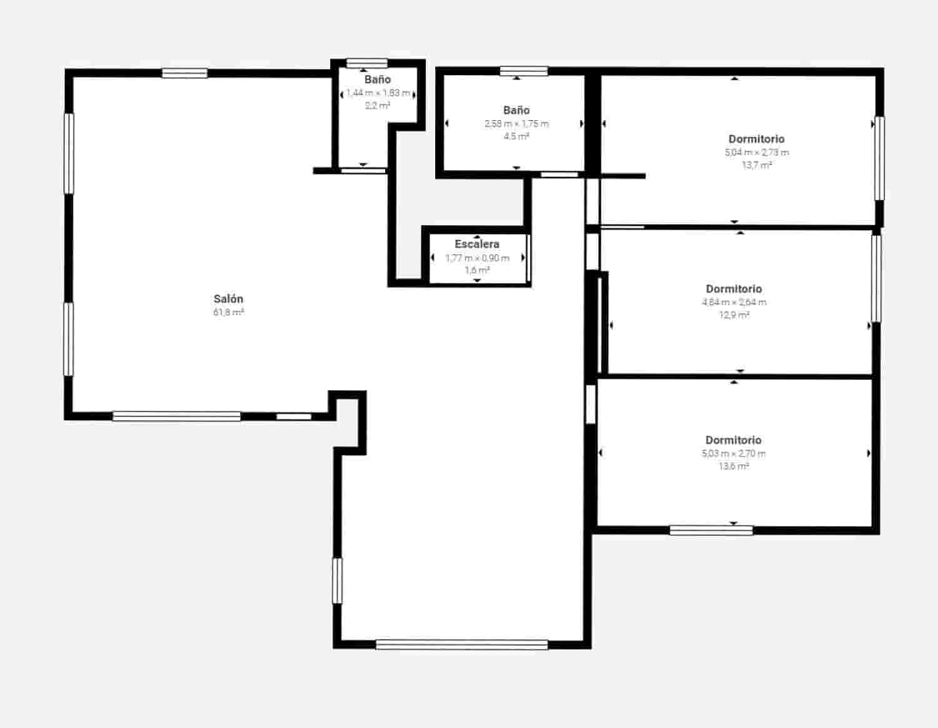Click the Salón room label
[x=228, y=299]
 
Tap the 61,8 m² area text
[x=228, y=312]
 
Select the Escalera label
[x=477, y=244]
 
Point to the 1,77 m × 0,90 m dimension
[x=477, y=258]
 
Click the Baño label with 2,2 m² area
[x=378, y=79]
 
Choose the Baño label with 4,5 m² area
[x=517, y=110]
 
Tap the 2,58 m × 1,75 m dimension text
[x=517, y=124]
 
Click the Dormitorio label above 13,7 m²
[x=756, y=139]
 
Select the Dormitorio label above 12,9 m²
[x=734, y=288]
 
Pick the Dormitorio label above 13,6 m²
[x=733, y=440]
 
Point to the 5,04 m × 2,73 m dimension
[x=757, y=153]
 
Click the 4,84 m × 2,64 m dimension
[x=734, y=302]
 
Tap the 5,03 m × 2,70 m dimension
[x=734, y=453]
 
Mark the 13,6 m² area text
[x=734, y=467]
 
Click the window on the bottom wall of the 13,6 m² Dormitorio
[x=711, y=530]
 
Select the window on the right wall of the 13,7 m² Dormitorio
[x=879, y=158]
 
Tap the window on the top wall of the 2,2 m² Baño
[x=367, y=63]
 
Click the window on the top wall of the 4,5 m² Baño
[x=523, y=71]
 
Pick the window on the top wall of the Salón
[x=184, y=73]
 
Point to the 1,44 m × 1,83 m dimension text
[x=378, y=93]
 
